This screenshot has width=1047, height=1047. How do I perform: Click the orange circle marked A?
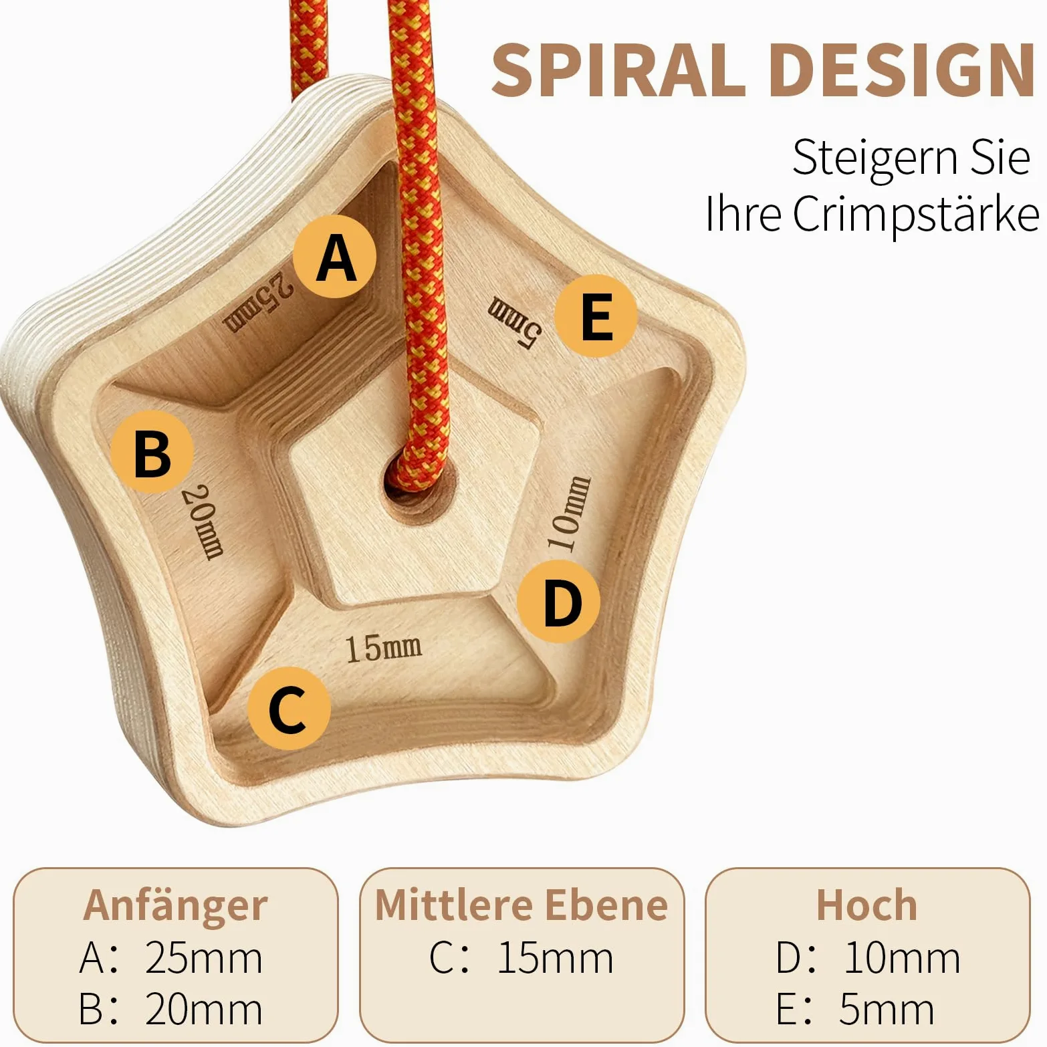[x=335, y=257]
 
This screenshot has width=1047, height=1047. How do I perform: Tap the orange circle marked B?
[x=152, y=452]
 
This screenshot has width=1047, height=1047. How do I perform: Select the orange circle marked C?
[x=289, y=709]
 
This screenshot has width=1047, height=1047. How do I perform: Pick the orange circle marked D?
[x=559, y=602]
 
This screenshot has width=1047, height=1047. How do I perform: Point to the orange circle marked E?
[x=596, y=316]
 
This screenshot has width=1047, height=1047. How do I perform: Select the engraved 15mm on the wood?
[x=383, y=648]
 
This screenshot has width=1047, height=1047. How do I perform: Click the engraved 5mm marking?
[x=514, y=322]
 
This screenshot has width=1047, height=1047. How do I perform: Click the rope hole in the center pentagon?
[x=420, y=481]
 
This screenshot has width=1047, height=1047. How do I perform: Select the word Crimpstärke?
[x=916, y=214]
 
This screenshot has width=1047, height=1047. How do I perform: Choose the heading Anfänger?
[x=175, y=906]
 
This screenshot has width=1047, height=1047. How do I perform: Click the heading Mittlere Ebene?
[x=521, y=905]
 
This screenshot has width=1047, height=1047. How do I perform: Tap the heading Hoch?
[x=867, y=905]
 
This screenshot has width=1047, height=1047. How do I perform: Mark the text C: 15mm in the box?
[x=521, y=957]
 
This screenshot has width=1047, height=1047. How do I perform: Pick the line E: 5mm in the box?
[x=855, y=1009]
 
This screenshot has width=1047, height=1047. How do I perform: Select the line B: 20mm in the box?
[x=170, y=1009]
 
